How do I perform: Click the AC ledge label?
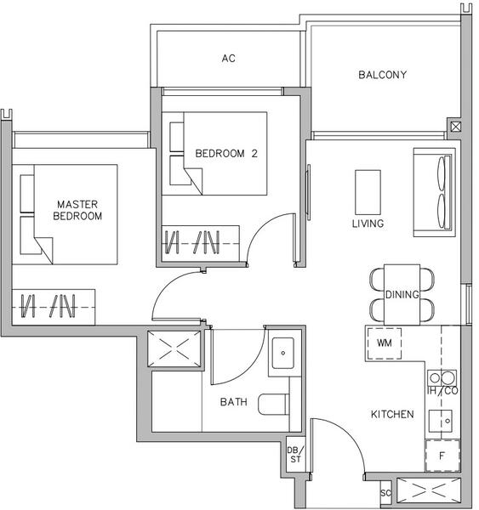tap(228, 59)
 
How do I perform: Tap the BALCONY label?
tap(382, 75)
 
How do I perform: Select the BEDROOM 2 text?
tap(225, 154)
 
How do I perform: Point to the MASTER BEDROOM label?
tap(77, 210)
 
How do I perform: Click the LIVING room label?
tap(368, 224)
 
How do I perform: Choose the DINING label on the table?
tap(402, 295)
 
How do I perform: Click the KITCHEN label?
tap(392, 415)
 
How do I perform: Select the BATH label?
tap(233, 402)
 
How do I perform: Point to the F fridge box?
tap(442, 456)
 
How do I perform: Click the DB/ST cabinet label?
tap(294, 455)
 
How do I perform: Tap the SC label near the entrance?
tap(385, 494)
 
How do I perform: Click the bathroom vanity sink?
tap(282, 350)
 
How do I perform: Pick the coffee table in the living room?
tap(368, 192)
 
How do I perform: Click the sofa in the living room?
tap(434, 192)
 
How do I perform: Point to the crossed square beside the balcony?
tap(455, 127)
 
